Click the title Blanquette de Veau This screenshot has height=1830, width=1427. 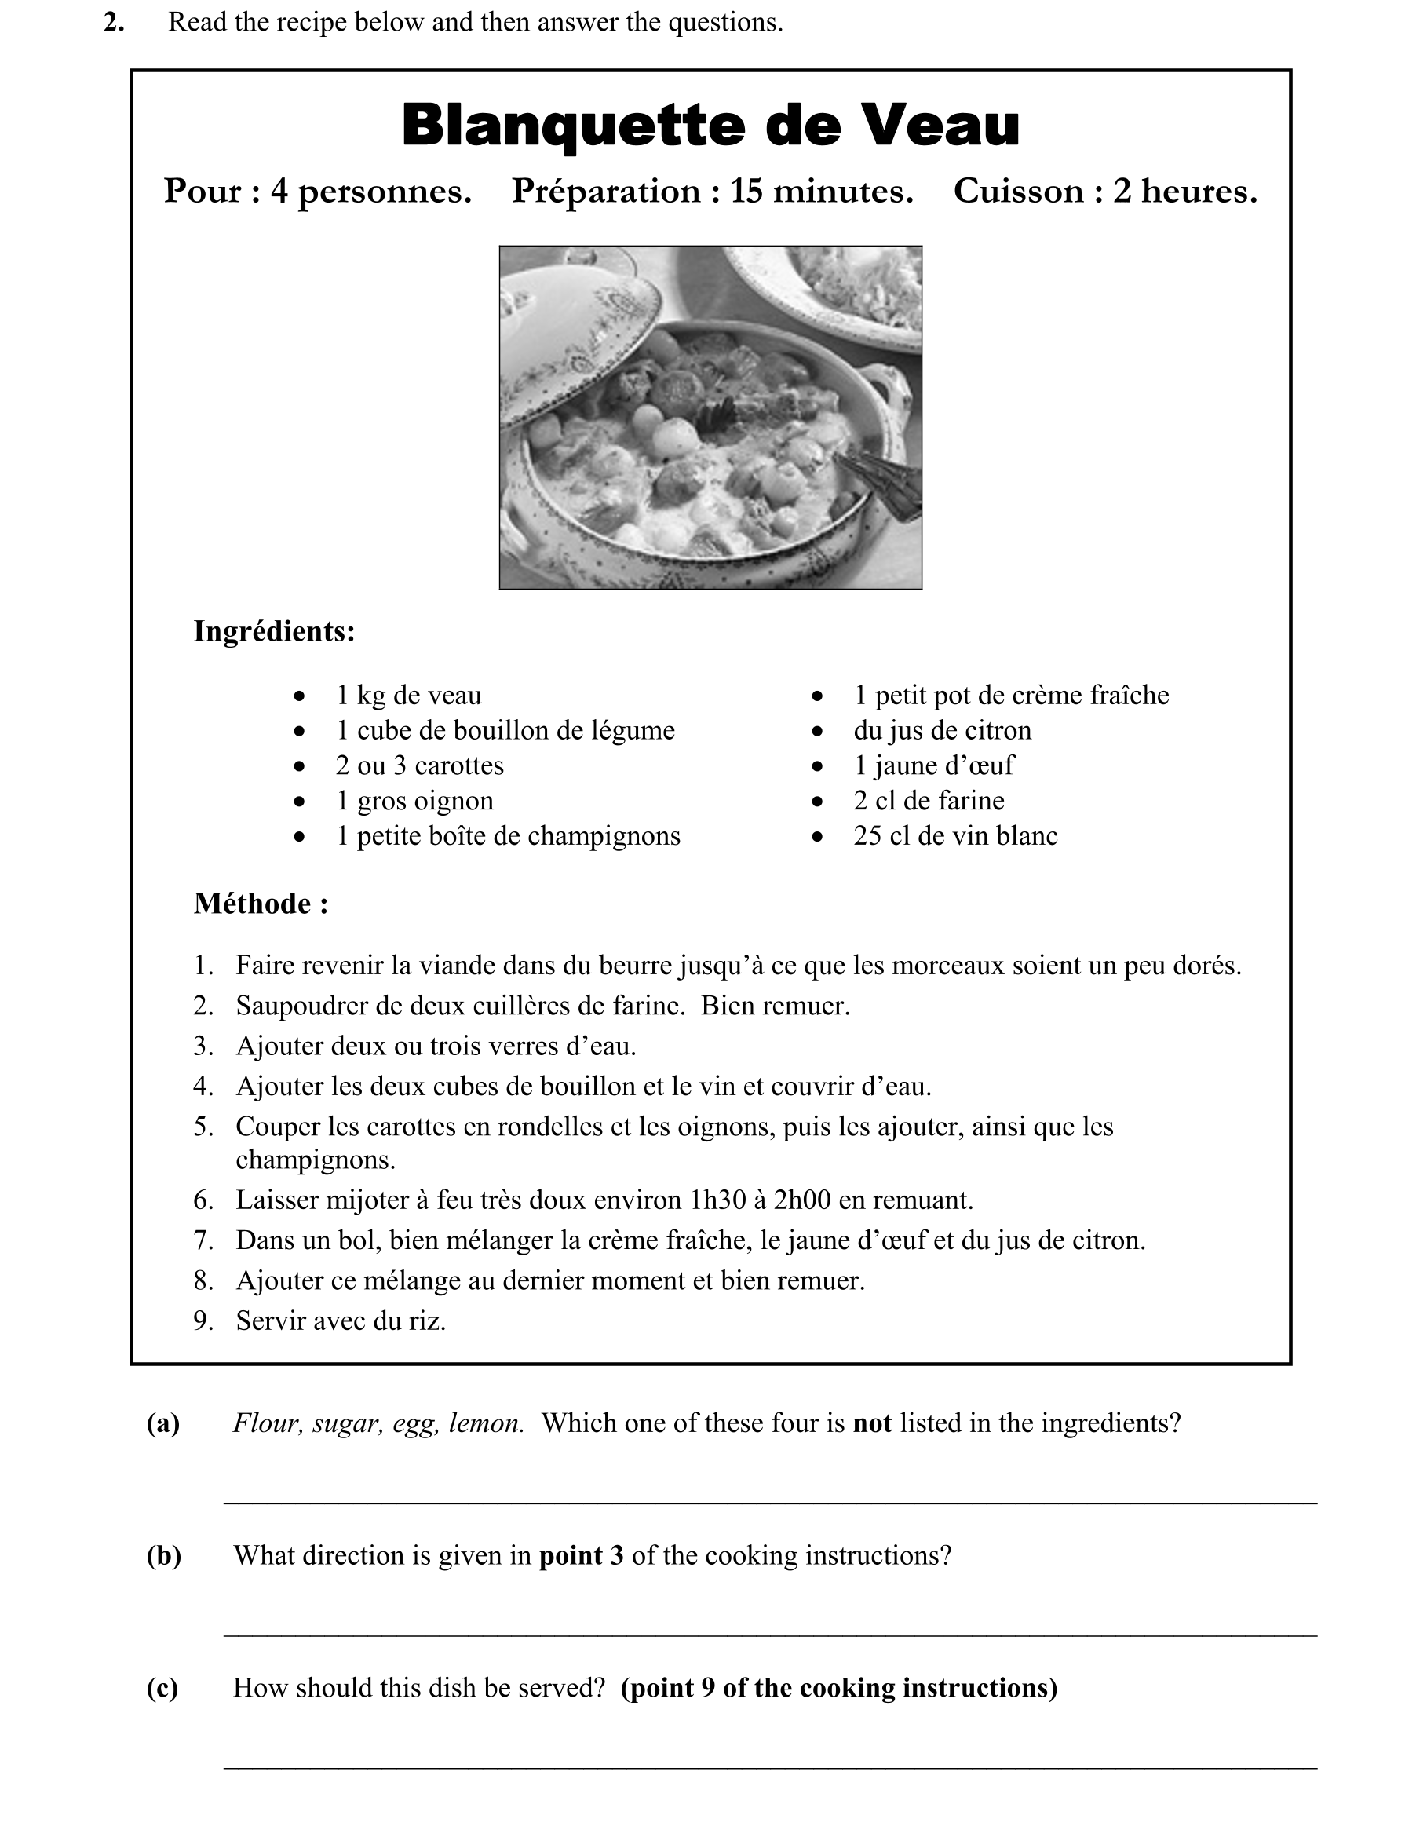pyautogui.click(x=710, y=126)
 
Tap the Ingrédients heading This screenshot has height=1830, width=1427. pyautogui.click(x=274, y=632)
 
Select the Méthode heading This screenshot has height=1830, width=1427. pyautogui.click(x=261, y=904)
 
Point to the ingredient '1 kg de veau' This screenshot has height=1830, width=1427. pyautogui.click(x=409, y=696)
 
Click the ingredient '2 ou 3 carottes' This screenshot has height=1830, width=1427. pyautogui.click(x=420, y=766)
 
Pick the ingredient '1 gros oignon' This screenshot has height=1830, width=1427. pyautogui.click(x=414, y=801)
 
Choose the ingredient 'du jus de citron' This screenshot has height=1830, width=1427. pyautogui.click(x=943, y=731)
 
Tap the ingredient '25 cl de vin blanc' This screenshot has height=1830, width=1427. pyautogui.click(x=955, y=836)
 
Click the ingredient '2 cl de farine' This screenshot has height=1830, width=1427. pyautogui.click(x=929, y=801)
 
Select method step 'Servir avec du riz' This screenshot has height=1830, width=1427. pyautogui.click(x=340, y=1321)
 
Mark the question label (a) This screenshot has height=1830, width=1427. pyautogui.click(x=163, y=1423)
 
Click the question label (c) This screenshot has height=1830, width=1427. pyautogui.click(x=162, y=1689)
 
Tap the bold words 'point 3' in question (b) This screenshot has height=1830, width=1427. pyautogui.click(x=581, y=1556)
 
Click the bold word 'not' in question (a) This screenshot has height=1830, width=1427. pyautogui.click(x=871, y=1423)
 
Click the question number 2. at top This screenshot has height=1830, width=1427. pyautogui.click(x=114, y=23)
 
